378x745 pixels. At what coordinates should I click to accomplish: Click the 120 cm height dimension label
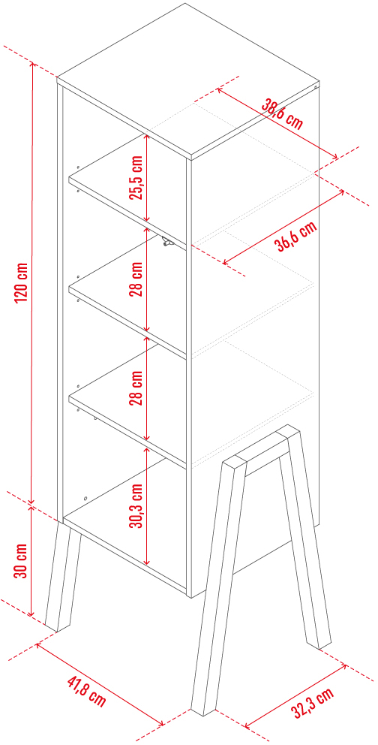tap(22, 283)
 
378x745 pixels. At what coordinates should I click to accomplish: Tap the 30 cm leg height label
tap(20, 561)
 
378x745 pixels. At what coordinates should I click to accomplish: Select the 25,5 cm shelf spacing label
tap(136, 177)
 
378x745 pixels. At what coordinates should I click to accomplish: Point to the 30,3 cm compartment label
tap(136, 506)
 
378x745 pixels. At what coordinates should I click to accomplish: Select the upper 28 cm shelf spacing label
tap(136, 279)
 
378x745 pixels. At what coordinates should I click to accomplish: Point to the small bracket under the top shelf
tap(166, 242)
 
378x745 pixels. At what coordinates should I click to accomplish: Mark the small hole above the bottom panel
tap(85, 499)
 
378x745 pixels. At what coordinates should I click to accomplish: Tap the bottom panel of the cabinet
tap(127, 547)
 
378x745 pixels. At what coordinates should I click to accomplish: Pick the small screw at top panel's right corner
tap(316, 87)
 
